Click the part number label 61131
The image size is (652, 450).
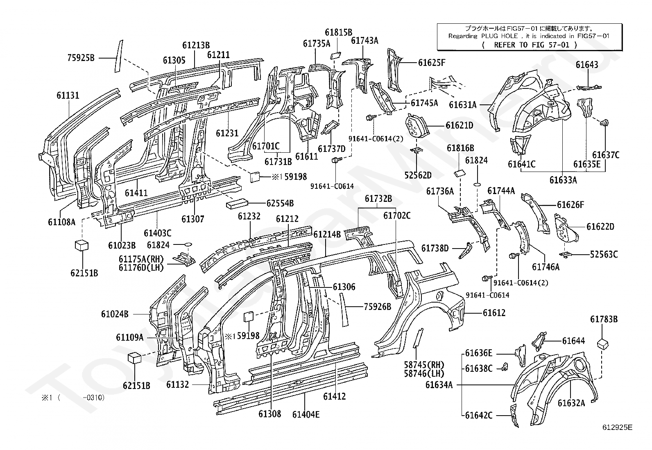pos(68,95)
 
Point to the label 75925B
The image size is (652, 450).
pos(81,58)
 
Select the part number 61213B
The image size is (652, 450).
pos(196,45)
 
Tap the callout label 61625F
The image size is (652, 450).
pos(432,63)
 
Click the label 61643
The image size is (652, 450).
pos(587,64)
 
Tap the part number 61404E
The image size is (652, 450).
pos(306,414)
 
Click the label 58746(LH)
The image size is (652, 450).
pos(424,373)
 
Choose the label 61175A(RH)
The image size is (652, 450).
pos(141,259)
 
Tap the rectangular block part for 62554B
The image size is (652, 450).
pos(237,204)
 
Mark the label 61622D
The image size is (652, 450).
pos(600,226)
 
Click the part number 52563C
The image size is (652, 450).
pos(604,254)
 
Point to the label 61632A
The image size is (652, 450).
pos(571,403)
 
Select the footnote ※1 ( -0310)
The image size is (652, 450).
pos(73,398)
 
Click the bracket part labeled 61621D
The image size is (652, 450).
pos(417,126)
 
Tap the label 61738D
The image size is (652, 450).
pos(435,248)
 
